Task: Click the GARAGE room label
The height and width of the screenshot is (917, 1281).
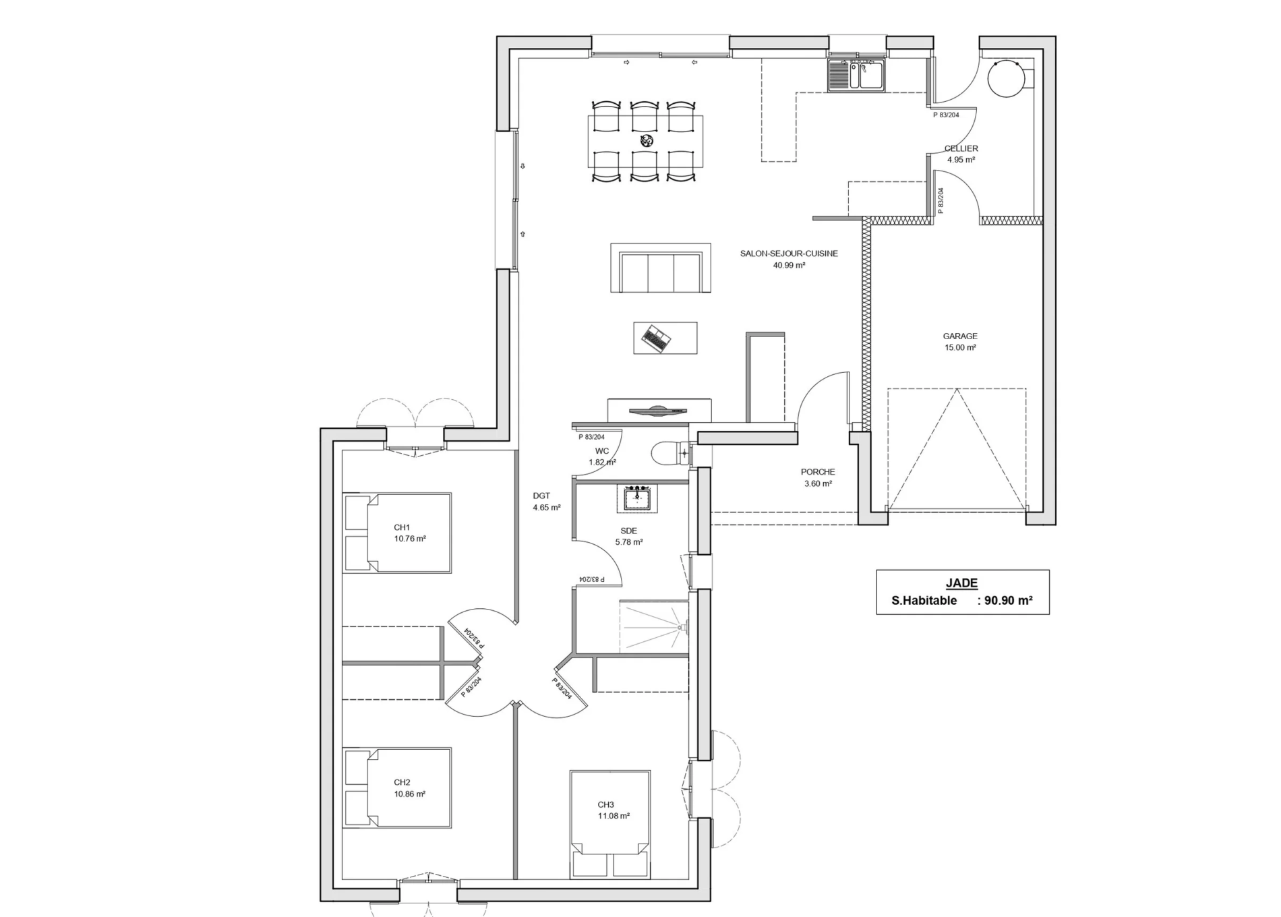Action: click(x=960, y=336)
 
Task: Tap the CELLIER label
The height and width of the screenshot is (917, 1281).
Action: click(x=961, y=148)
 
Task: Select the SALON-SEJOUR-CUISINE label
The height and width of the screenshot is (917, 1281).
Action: click(x=789, y=254)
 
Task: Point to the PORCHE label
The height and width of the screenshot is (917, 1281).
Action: click(x=818, y=472)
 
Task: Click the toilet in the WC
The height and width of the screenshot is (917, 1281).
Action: click(x=670, y=453)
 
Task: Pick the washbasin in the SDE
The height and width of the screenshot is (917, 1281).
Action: click(x=634, y=498)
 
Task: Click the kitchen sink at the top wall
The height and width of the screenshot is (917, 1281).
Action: click(x=856, y=75)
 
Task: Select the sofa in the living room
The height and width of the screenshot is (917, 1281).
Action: click(x=661, y=268)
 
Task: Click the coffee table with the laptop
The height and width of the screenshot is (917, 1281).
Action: click(x=665, y=338)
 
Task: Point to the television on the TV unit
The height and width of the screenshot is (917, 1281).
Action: click(x=657, y=411)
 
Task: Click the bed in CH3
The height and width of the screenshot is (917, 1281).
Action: click(x=610, y=824)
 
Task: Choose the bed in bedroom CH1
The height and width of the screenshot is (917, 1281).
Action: click(x=397, y=533)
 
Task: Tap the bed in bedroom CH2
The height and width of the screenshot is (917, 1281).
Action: click(x=397, y=788)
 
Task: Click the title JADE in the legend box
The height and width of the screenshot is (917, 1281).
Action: click(x=961, y=583)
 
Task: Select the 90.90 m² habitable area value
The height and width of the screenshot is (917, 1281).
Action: click(x=1009, y=600)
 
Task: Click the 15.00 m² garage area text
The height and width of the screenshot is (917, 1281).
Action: click(x=960, y=348)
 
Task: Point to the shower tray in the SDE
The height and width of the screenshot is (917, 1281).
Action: click(x=654, y=628)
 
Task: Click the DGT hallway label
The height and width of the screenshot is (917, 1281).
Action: click(x=541, y=496)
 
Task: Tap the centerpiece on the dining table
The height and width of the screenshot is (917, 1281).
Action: click(x=647, y=140)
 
